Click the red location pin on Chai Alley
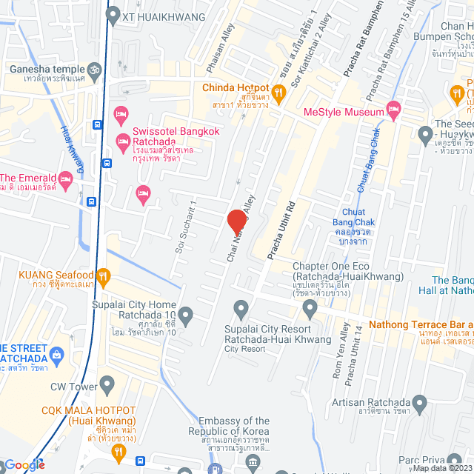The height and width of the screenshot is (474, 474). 236,221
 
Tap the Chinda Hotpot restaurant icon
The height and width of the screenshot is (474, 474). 279,93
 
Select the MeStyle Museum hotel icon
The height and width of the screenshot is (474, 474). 393,113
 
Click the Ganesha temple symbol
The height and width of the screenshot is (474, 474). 93,71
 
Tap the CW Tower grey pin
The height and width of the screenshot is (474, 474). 107,385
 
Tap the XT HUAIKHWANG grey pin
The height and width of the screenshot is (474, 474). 113,14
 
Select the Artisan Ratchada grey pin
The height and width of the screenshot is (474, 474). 420,404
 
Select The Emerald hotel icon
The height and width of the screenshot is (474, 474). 66,178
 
